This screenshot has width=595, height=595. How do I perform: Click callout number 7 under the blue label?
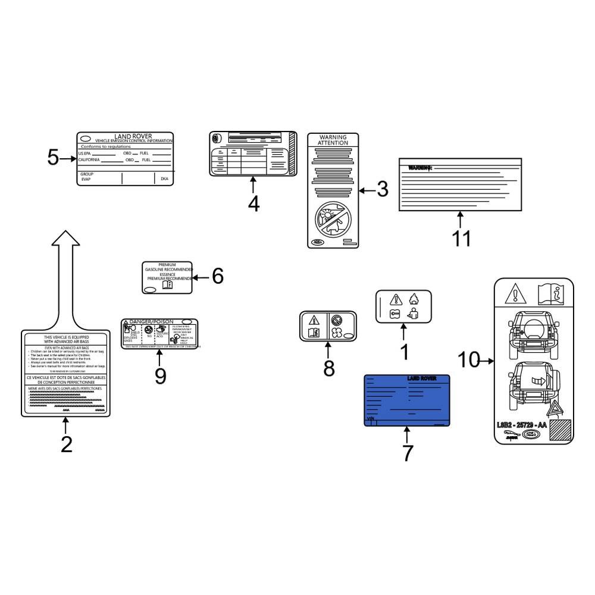pyautogui.click(x=407, y=453)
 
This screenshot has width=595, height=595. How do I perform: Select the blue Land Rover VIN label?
pyautogui.click(x=406, y=400)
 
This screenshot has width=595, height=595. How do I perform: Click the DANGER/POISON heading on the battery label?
pyautogui.click(x=150, y=322)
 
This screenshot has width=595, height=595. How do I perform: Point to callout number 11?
pyautogui.click(x=461, y=238)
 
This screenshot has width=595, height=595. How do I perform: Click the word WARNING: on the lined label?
pyautogui.click(x=416, y=168)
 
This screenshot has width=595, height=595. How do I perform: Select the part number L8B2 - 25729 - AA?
pyautogui.click(x=521, y=425)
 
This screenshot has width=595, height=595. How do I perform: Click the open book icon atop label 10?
pyautogui.click(x=550, y=293)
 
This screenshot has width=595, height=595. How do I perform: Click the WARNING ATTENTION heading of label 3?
pyautogui.click(x=333, y=140)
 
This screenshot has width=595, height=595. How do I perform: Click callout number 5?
pyautogui.click(x=53, y=158)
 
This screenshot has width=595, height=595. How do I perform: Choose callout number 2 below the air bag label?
pyautogui.click(x=66, y=444)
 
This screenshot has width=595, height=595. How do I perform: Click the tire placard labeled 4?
pyautogui.click(x=253, y=154)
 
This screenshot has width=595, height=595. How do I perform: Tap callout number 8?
pyautogui.click(x=328, y=368)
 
